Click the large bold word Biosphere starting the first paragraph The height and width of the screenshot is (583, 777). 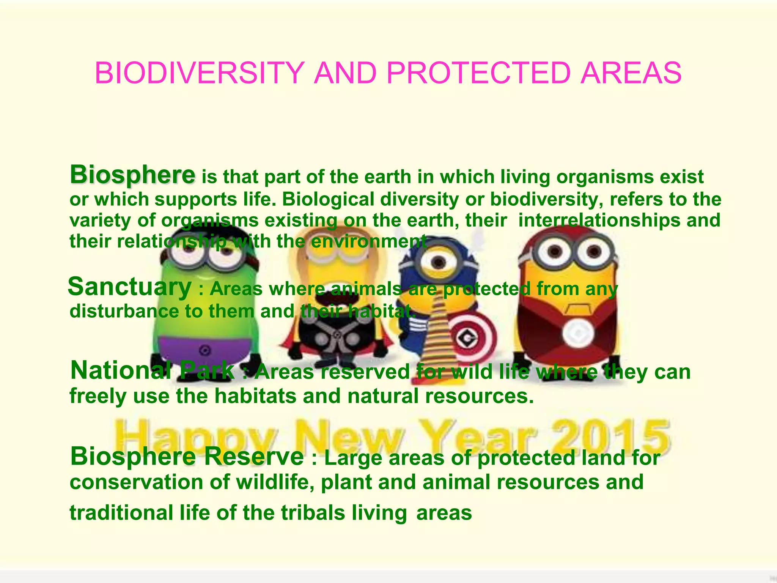132,175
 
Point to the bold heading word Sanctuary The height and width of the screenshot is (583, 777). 130,287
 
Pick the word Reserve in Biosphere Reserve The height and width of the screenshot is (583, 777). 254,456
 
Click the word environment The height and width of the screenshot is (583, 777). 368,241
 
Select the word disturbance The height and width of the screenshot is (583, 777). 124,311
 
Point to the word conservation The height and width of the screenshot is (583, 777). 150,482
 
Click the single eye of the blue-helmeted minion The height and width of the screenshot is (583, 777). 439,262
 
